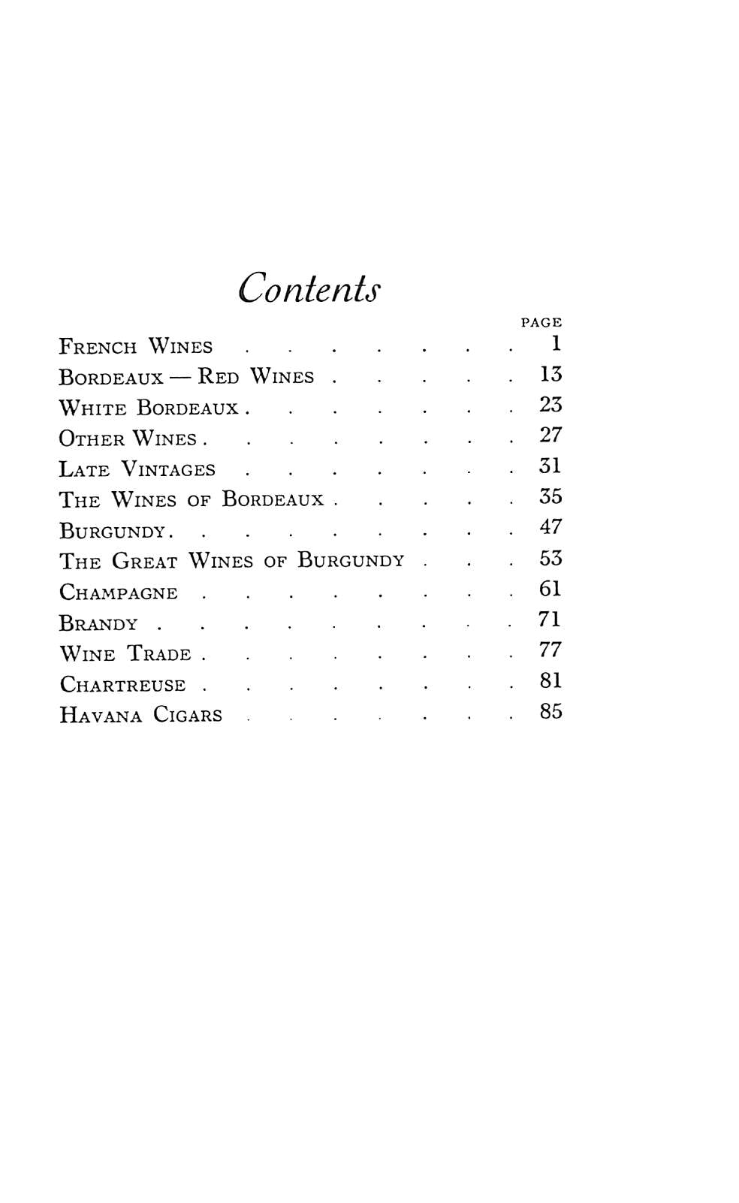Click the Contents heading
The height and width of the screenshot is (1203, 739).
point(309,287)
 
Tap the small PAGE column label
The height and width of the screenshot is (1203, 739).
point(541,322)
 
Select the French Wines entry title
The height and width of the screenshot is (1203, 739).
point(136,346)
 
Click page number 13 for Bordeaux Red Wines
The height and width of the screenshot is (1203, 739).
point(550,374)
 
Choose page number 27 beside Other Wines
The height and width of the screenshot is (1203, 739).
point(550,436)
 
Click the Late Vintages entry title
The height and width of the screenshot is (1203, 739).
point(137,469)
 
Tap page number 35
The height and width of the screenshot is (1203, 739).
point(550,496)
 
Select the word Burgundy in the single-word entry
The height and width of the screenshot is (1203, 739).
point(112,531)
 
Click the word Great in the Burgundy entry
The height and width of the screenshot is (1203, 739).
point(145,561)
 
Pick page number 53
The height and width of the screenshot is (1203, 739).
point(550,559)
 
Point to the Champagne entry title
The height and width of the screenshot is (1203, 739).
point(119,592)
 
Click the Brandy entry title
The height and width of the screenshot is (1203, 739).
point(98,623)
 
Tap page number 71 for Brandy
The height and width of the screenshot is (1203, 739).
point(550,620)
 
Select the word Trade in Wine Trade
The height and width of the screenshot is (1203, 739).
point(159,653)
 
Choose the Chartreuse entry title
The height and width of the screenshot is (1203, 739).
point(122,685)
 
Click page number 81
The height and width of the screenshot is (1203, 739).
point(550,680)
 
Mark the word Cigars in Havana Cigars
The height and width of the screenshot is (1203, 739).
point(188,714)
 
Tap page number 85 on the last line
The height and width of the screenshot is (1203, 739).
point(550,711)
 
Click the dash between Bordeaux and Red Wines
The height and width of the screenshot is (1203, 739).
point(180,376)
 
